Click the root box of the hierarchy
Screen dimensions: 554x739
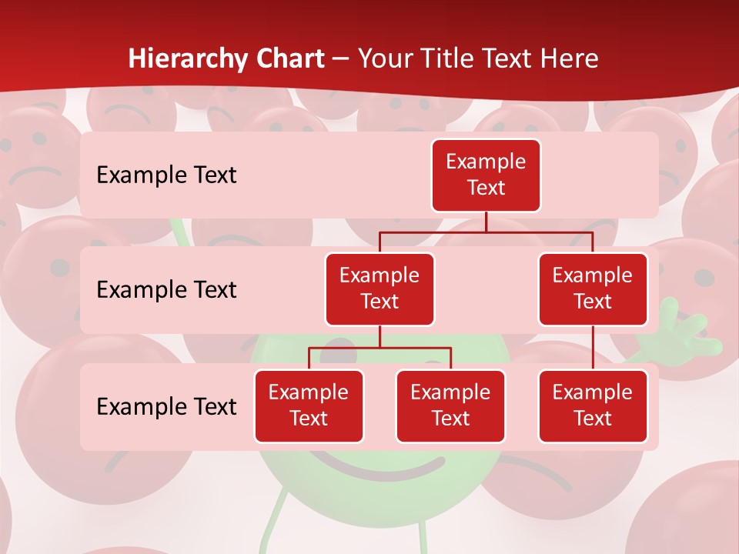pos(486,175)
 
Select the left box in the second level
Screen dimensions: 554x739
pos(380,289)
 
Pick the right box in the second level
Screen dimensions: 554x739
pos(593,289)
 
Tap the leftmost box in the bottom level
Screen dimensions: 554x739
pos(309,405)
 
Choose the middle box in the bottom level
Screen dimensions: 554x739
pos(450,405)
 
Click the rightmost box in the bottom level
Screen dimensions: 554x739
pos(593,405)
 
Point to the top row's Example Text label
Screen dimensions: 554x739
pos(166,175)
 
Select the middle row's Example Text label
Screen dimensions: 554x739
pos(166,290)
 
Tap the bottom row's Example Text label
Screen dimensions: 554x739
pos(166,406)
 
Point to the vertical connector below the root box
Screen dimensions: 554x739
pos(486,222)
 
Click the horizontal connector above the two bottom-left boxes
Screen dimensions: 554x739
pos(380,348)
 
